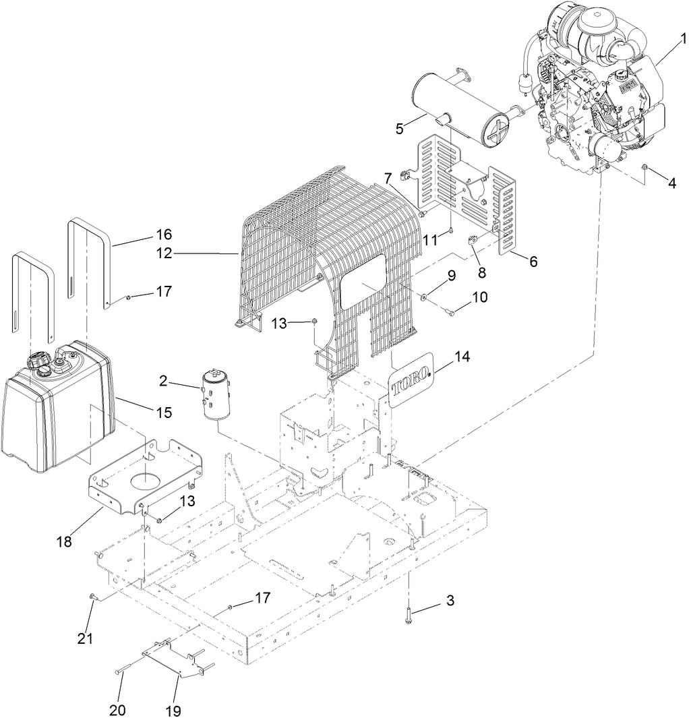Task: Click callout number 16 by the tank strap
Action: coord(163,235)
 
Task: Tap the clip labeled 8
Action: coord(473,239)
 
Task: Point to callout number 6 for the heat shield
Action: coord(533,262)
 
